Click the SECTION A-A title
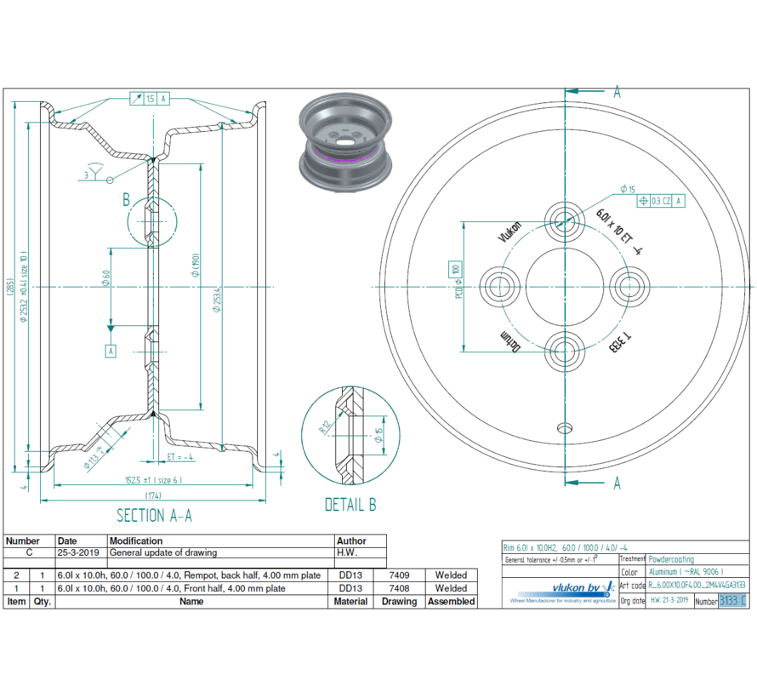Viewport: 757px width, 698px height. (x=154, y=515)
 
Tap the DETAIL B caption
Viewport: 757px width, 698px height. (x=350, y=505)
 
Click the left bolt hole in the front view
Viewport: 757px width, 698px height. (x=498, y=283)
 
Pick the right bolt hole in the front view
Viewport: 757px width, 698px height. (x=630, y=283)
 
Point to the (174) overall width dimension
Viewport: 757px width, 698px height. (x=154, y=495)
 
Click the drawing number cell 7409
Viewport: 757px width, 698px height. (x=399, y=575)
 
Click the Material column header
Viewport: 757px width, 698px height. (x=351, y=601)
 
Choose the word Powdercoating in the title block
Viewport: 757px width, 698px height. (x=670, y=559)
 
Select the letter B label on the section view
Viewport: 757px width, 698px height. (x=125, y=201)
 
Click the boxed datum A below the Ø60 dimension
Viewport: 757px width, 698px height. (x=111, y=350)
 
